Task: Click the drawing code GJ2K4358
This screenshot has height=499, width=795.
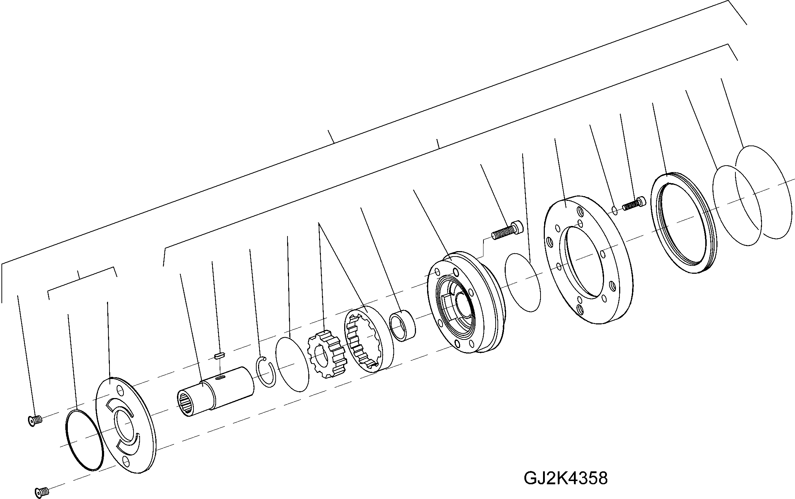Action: (566, 478)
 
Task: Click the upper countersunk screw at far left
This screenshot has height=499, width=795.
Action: (34, 420)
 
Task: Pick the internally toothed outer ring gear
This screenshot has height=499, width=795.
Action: (368, 338)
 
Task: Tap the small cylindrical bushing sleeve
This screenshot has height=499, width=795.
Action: (402, 326)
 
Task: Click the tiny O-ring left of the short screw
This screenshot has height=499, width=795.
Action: (614, 210)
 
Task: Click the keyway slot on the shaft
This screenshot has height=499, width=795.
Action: (220, 377)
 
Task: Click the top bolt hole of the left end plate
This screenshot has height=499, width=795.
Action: (118, 389)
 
